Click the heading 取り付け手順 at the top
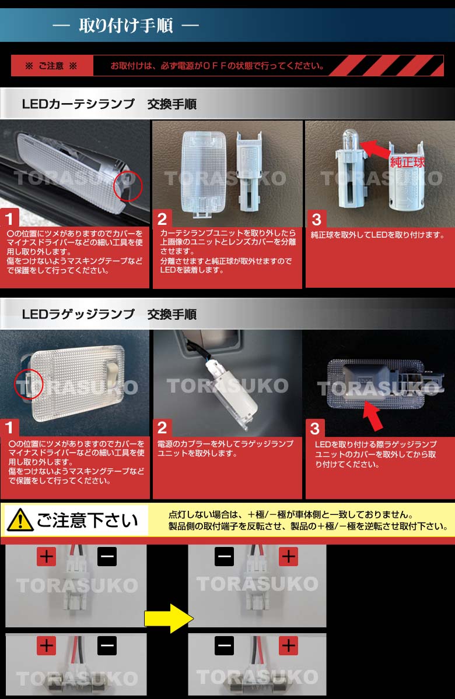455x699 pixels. point(125,26)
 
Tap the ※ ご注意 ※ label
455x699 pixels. point(51,66)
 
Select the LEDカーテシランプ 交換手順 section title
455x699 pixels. point(109,105)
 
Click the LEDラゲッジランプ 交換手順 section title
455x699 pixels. point(109,315)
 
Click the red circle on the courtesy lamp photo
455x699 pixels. point(128,186)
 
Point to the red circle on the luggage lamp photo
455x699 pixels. point(29,383)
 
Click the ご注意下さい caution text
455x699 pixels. point(87,520)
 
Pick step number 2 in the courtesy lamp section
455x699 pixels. point(162,219)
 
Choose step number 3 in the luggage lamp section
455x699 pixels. point(315,429)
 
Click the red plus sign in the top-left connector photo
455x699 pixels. point(46,557)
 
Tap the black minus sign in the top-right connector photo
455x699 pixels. point(225,557)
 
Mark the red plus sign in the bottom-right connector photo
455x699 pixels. point(288,646)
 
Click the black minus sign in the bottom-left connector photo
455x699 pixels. point(107,646)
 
